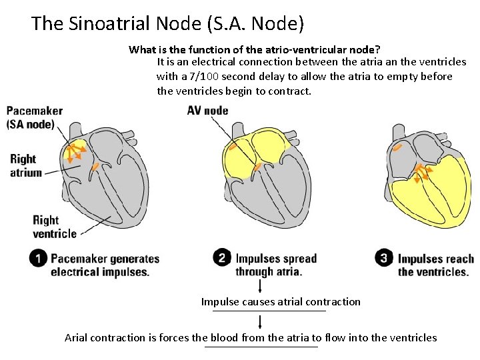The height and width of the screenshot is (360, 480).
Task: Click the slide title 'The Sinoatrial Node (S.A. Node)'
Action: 167,24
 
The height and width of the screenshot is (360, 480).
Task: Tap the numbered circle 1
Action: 39,259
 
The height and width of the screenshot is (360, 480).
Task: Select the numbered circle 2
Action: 223,258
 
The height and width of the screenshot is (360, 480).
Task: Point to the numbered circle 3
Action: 384,258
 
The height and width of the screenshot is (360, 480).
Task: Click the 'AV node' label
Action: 207,111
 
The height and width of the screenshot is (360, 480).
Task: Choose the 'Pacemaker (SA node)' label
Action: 35,117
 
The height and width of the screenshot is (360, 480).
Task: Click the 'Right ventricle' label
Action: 54,227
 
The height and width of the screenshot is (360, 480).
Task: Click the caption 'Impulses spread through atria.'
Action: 276,265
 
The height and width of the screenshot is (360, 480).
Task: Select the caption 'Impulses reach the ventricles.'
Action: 436,265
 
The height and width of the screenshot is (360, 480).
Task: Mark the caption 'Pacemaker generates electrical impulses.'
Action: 105,265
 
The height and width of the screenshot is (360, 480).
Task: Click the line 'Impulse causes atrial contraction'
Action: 281,302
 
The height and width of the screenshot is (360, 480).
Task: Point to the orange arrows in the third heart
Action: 421,172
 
